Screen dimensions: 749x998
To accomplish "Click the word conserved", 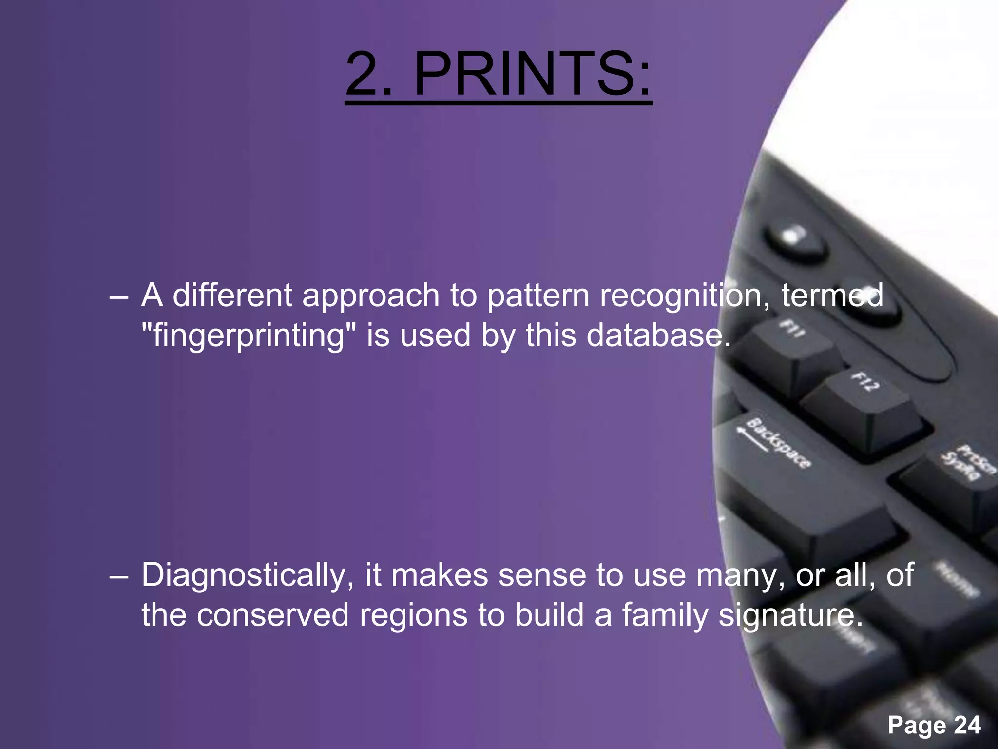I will [273, 615].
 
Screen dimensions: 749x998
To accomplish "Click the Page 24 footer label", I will [934, 725].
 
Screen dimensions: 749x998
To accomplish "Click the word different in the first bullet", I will [232, 296].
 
